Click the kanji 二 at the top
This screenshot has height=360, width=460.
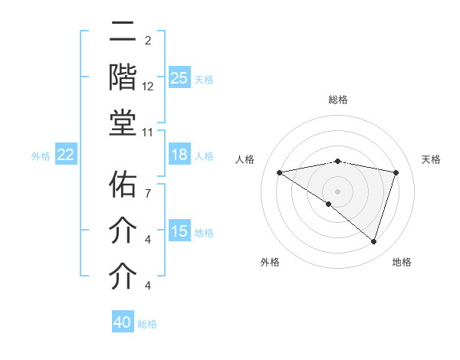(x=123, y=33)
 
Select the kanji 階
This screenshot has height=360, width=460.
(x=123, y=78)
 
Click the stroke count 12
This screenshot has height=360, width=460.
(x=148, y=87)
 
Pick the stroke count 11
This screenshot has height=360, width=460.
(x=148, y=132)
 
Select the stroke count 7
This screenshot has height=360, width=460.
(x=148, y=185)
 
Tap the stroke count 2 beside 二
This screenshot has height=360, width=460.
(x=148, y=40)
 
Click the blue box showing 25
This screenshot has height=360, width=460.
(x=179, y=78)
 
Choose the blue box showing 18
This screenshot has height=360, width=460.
(x=179, y=155)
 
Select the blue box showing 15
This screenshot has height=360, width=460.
(x=179, y=231)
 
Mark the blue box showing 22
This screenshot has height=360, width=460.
(x=65, y=155)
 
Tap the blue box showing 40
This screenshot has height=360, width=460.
(x=123, y=322)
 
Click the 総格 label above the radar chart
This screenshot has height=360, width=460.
(x=337, y=100)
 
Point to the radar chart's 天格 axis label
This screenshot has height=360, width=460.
(x=432, y=159)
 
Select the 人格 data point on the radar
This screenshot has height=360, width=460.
(x=280, y=172)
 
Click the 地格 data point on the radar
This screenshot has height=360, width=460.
(x=373, y=241)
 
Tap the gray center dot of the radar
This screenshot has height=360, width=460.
(x=337, y=191)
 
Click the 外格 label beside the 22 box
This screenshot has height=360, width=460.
(x=41, y=156)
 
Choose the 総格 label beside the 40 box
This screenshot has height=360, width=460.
(x=147, y=324)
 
